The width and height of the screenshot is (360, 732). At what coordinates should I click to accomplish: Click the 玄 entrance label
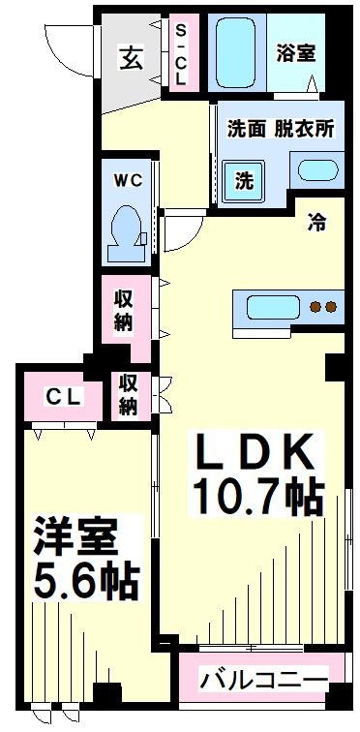(132, 58)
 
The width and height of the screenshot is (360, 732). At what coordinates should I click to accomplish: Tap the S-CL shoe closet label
(180, 57)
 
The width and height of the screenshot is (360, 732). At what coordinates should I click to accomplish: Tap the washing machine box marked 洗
(244, 180)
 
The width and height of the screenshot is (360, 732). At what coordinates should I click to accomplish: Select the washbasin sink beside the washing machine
(316, 172)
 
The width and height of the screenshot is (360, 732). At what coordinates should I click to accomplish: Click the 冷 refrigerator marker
(316, 221)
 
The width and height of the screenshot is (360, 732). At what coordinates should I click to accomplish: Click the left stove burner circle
(315, 308)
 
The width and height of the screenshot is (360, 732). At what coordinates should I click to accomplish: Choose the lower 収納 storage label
(129, 394)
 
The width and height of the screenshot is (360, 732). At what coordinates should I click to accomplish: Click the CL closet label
(63, 396)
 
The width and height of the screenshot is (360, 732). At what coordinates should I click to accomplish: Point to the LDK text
(255, 450)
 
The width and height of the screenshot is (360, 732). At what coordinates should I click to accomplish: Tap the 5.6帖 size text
(87, 582)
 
